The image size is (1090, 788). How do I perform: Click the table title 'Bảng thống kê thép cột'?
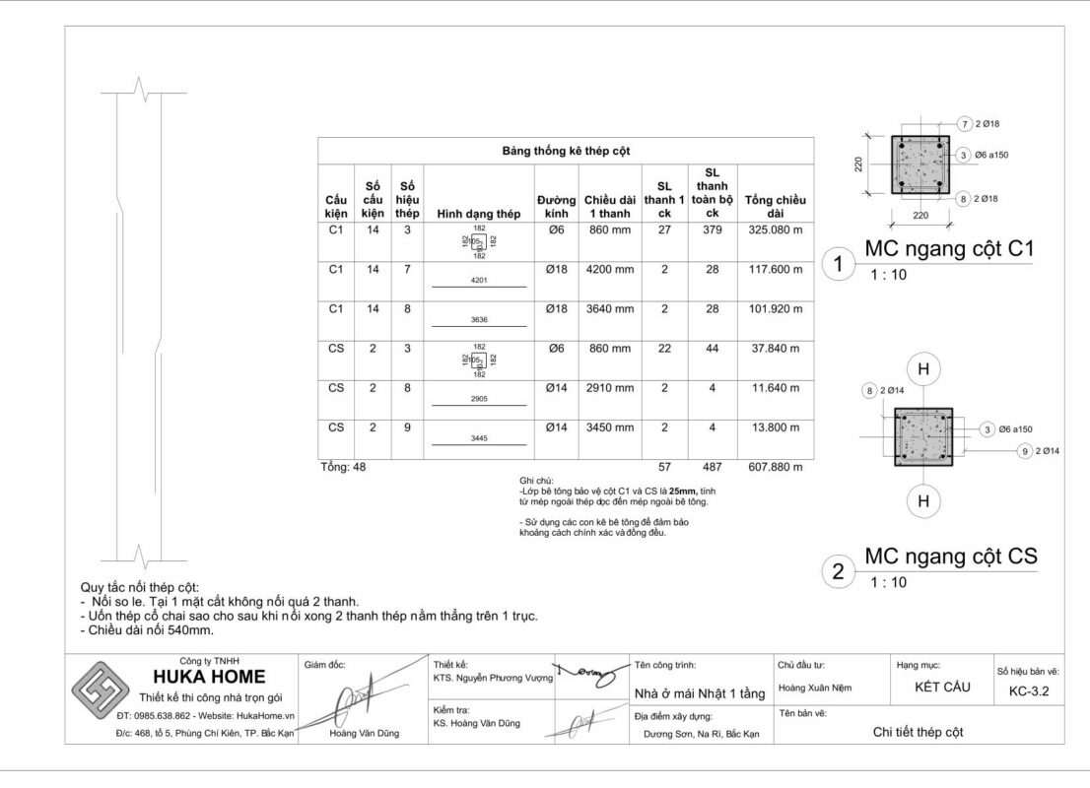pos(565,151)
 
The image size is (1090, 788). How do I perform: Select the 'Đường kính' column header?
pos(556,206)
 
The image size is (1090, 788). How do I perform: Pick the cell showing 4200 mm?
pos(609,269)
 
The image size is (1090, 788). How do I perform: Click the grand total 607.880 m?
pos(775,467)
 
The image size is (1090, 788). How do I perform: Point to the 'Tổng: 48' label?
pos(343,467)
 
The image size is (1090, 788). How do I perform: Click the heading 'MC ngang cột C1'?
pos(948,248)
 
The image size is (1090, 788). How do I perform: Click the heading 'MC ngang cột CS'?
pos(950,557)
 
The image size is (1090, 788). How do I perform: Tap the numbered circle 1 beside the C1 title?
pos(838,264)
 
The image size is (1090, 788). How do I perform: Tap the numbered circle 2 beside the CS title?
pos(838,572)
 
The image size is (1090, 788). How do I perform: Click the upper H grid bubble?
pos(923,369)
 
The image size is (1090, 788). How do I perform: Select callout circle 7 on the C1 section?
pos(965,123)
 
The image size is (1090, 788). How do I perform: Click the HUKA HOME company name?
pos(209,677)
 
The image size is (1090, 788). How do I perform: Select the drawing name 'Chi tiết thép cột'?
pos(918,732)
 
